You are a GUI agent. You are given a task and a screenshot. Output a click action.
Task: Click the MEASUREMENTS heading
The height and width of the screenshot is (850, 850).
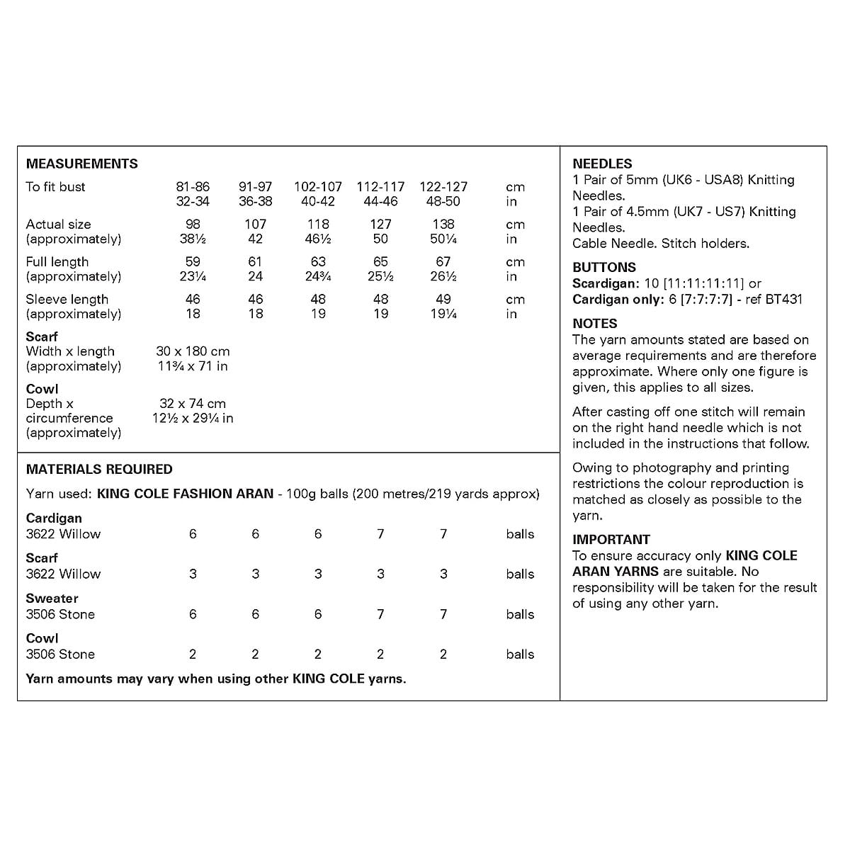point(82,164)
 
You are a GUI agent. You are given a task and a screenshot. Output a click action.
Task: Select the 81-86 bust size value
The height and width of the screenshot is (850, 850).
point(193,187)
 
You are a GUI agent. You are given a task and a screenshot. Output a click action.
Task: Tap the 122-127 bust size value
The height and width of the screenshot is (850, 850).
point(443,187)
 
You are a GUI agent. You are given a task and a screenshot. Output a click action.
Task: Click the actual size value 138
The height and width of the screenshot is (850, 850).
point(443,225)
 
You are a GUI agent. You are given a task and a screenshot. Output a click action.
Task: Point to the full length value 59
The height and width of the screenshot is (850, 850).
point(193,262)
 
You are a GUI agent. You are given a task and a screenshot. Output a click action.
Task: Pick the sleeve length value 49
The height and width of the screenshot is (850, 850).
point(443,300)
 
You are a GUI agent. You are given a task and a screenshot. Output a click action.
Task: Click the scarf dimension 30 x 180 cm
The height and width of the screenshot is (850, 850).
point(193,351)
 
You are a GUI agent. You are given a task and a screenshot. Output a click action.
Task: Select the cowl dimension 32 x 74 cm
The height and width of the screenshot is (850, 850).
point(193,404)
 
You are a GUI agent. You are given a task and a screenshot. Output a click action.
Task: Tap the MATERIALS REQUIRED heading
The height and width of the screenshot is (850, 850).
point(99,469)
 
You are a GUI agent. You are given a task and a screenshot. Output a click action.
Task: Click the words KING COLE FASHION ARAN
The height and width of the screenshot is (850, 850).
point(185,494)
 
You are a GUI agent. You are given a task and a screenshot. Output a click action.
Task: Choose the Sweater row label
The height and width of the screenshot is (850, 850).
point(52,599)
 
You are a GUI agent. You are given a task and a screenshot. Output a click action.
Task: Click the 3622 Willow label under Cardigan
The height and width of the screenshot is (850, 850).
point(64,534)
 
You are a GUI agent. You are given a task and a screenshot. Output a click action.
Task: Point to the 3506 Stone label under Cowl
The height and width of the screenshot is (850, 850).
point(60,654)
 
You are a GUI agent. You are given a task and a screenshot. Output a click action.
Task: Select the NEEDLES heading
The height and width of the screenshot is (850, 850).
point(602,164)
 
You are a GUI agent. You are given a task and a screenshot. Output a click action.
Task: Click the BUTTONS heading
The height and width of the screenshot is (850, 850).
point(604,267)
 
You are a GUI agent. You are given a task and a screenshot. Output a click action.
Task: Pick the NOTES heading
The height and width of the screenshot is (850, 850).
point(595,323)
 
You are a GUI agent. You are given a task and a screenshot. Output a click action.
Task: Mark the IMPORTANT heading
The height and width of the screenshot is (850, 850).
point(611,539)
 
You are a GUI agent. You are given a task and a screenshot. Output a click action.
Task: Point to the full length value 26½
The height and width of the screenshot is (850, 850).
point(443,277)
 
